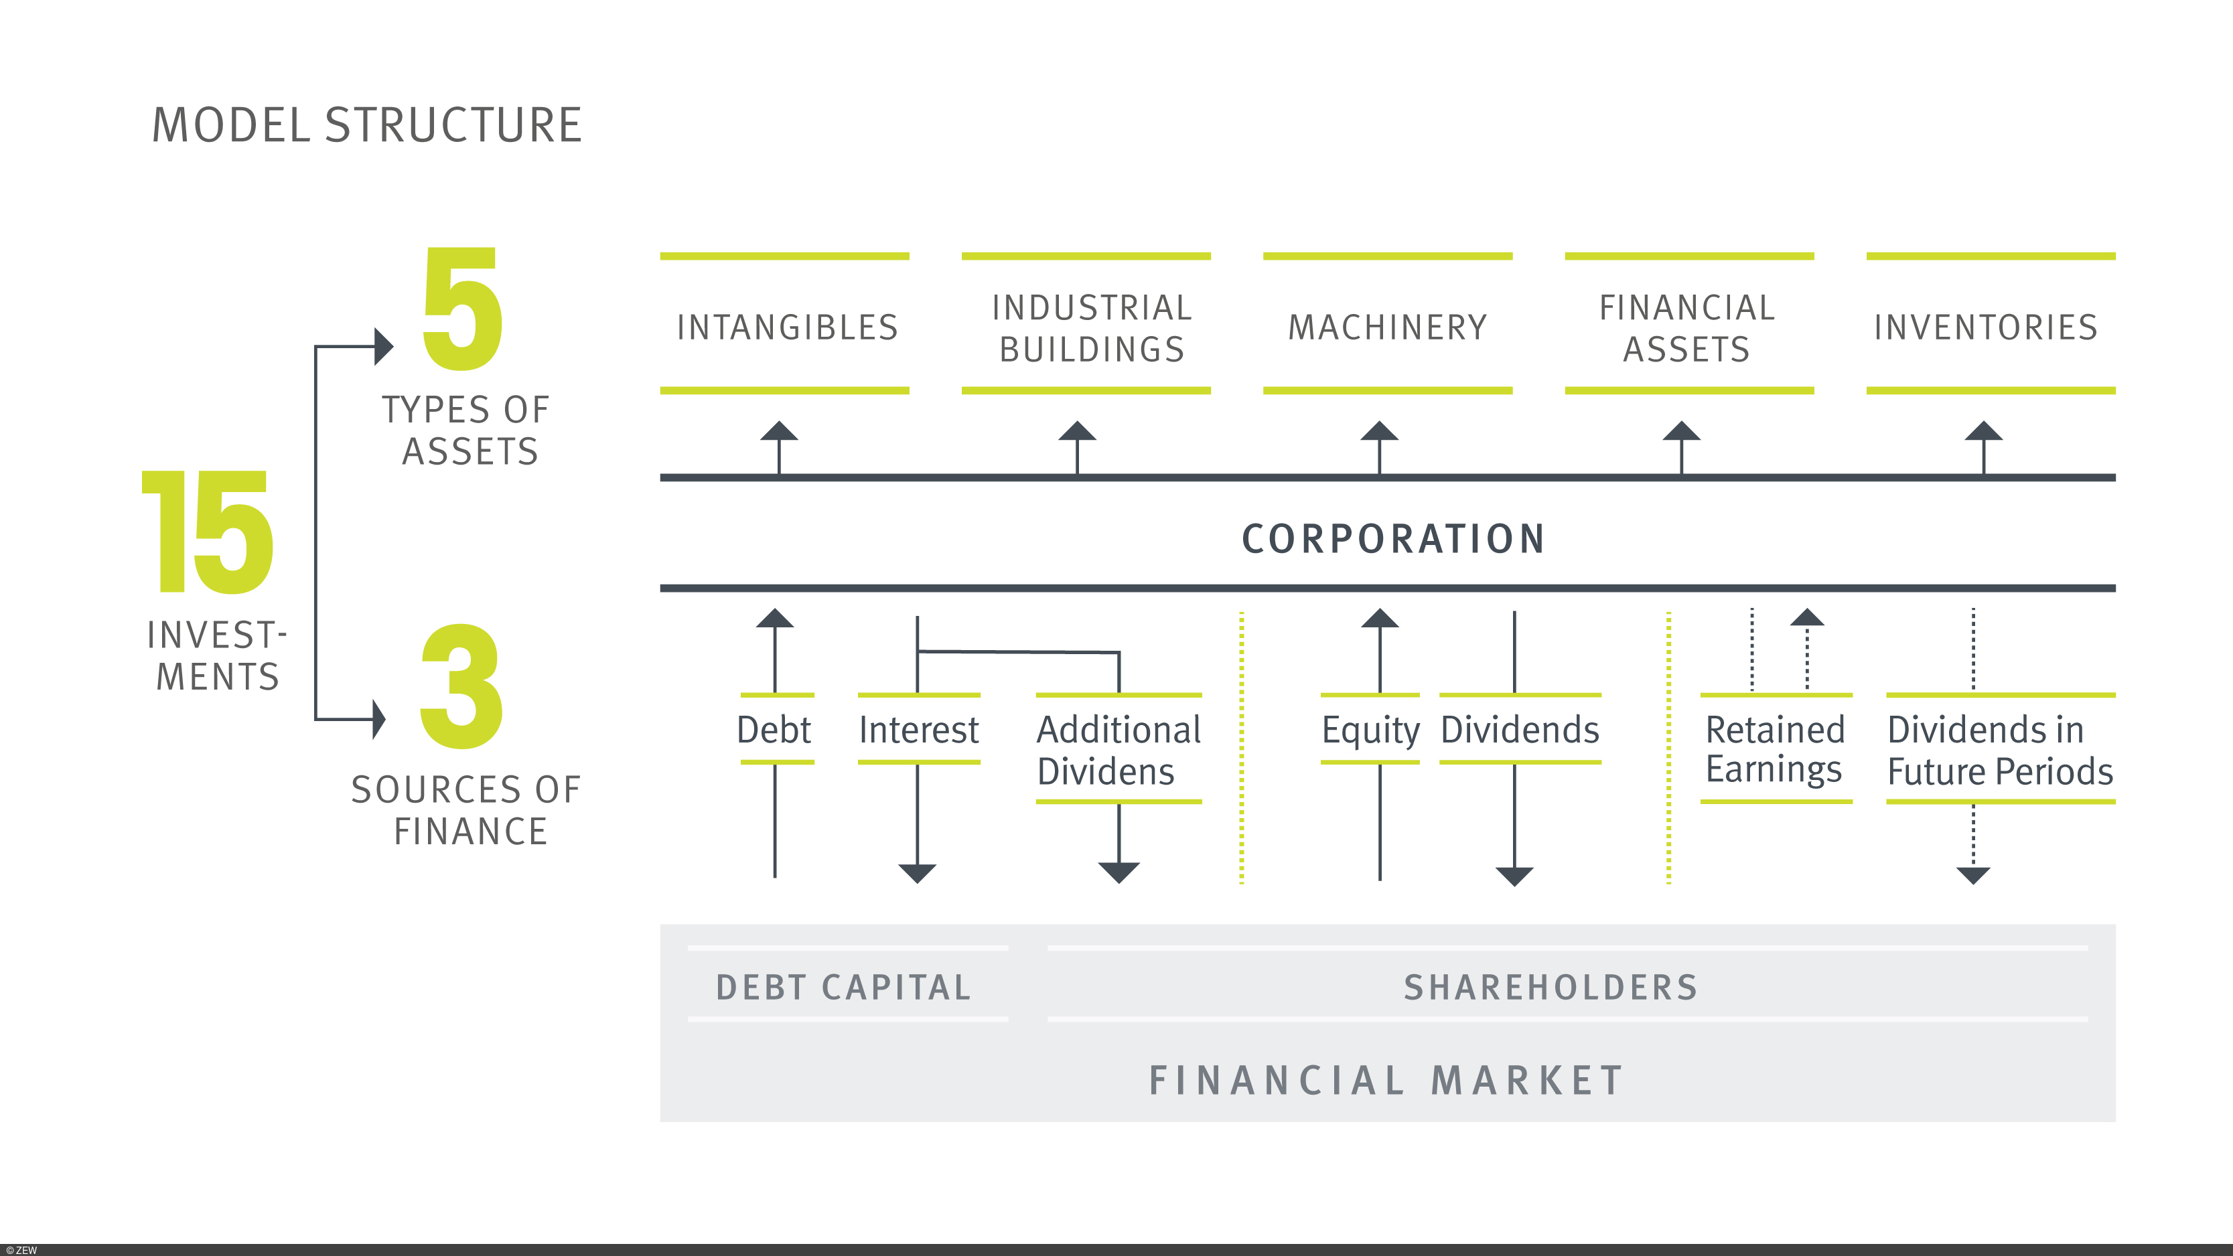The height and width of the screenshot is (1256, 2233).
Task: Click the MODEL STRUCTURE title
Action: pos(366,126)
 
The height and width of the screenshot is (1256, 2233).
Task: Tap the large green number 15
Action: pos(208,532)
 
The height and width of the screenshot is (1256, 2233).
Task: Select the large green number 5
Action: pos(463,309)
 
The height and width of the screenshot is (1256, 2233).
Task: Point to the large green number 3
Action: pos(461,686)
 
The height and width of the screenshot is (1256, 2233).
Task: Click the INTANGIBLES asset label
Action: pos(787,327)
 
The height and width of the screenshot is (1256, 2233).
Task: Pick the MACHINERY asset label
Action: pos(1387,327)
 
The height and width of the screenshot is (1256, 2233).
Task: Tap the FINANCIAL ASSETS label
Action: pos(1687,329)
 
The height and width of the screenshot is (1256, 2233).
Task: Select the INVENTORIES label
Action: pos(1986,327)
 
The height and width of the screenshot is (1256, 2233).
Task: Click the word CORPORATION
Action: pos(1393,539)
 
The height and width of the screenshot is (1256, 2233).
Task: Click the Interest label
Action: pos(918,730)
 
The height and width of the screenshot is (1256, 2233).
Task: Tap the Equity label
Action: pos(1370,730)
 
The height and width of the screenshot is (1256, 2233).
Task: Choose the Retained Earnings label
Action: pos(1774,750)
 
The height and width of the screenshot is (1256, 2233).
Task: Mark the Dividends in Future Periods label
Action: pos(2000,751)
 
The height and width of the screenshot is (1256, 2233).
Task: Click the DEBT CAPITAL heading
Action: pos(843,988)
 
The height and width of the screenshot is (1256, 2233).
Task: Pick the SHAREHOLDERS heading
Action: pos(1551,988)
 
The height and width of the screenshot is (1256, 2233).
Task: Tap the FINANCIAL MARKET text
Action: pos(1386,1081)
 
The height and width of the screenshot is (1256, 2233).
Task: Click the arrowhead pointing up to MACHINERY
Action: pos(1379,432)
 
